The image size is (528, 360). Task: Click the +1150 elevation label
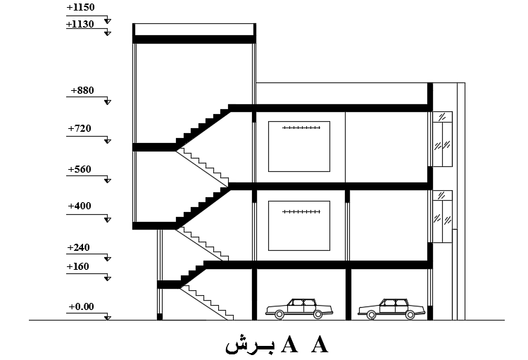pyautogui.click(x=80, y=8)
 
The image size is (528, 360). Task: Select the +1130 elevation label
pyautogui.click(x=80, y=24)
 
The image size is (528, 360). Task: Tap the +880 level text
pyautogui.click(x=82, y=90)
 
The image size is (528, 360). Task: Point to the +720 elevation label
pyautogui.click(x=80, y=128)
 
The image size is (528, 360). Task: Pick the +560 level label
pyautogui.click(x=80, y=169)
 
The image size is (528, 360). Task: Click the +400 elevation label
pyautogui.click(x=80, y=206)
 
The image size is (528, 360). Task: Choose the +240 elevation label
pyautogui.click(x=78, y=247)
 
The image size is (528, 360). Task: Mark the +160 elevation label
pyautogui.click(x=77, y=266)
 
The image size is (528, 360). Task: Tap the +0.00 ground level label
pyautogui.click(x=81, y=306)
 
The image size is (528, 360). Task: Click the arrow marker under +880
pyautogui.click(x=108, y=101)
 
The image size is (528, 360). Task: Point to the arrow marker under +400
pyautogui.click(x=108, y=219)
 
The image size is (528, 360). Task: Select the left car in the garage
pyautogui.click(x=299, y=309)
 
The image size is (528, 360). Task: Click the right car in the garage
pyautogui.click(x=391, y=309)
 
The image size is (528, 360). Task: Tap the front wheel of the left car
pyautogui.click(x=279, y=314)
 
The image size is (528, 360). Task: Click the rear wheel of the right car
pyautogui.click(x=410, y=315)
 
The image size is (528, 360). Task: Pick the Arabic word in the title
pyautogui.click(x=250, y=345)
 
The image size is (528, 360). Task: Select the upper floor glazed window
pyautogui.click(x=443, y=139)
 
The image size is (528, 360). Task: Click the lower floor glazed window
pyautogui.click(x=443, y=216)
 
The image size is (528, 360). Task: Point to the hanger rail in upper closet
pyautogui.click(x=301, y=128)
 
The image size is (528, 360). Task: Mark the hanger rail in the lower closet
pyautogui.click(x=301, y=211)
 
